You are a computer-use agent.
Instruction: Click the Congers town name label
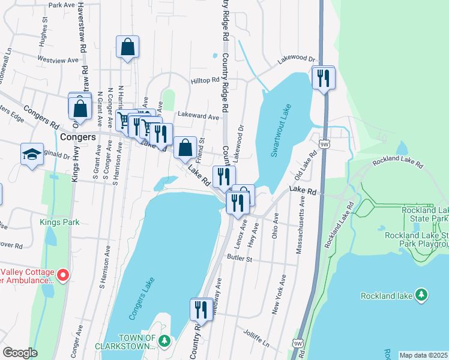(x=79, y=137)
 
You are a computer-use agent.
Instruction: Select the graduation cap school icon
(x=32, y=155)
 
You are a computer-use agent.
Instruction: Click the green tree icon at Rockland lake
(x=422, y=295)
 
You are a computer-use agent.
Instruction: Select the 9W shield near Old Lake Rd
(x=324, y=144)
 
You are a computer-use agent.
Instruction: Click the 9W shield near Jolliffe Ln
(x=298, y=343)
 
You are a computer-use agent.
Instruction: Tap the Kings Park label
(x=59, y=222)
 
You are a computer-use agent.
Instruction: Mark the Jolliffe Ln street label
(x=257, y=333)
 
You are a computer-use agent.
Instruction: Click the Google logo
(x=20, y=353)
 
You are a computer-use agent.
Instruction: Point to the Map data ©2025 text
(x=423, y=355)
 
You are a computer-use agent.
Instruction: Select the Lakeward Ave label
(x=197, y=118)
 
